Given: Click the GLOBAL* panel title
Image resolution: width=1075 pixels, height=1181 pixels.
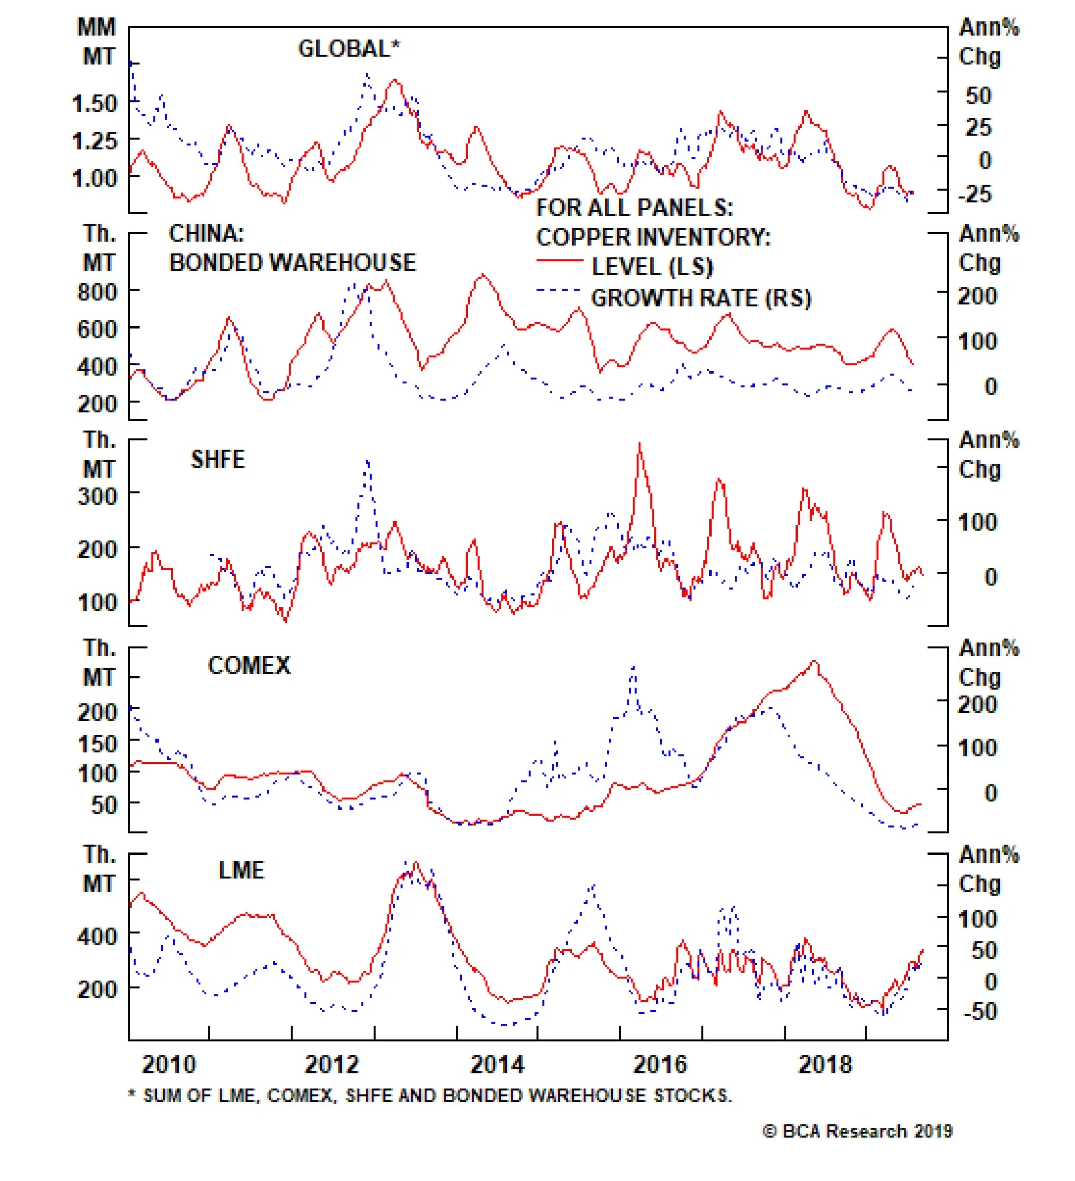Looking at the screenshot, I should coord(349,48).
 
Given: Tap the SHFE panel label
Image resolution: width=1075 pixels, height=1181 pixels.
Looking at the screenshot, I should coord(218,460).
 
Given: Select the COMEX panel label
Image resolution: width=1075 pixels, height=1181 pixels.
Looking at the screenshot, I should coord(249,666).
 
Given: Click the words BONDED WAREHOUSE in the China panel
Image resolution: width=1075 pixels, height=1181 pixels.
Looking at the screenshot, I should coord(292,263).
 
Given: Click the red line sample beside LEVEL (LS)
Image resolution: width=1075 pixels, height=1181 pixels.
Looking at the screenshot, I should coord(560,261).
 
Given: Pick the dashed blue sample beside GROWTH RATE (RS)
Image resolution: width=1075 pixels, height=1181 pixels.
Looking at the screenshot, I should coord(558,291).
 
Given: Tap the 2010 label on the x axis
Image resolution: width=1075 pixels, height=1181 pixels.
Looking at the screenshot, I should coord(169,1064).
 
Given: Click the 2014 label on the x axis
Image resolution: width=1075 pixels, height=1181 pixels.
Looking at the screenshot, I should coord(497,1064).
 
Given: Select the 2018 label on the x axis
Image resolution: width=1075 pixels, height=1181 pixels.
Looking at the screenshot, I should coord(825,1064).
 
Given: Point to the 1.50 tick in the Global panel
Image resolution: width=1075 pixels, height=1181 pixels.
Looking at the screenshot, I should coord(94,103).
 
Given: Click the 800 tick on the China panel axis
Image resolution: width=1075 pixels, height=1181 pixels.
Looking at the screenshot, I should coord(97,292).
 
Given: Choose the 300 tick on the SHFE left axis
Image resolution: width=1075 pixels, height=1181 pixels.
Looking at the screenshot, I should coord(97,496).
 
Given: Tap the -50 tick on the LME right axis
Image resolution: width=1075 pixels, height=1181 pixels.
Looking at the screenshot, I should coord(980,1011).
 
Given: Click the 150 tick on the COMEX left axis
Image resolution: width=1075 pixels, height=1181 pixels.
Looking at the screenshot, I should coord(97,744).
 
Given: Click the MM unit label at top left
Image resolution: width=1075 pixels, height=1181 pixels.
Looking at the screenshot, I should coord(97,28).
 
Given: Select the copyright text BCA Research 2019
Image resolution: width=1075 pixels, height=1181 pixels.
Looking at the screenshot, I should coord(858,1131).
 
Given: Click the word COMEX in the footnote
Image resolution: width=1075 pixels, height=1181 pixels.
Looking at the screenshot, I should coord(300,1096).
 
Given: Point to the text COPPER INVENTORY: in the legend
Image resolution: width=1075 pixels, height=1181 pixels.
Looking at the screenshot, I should coord(653,237).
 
